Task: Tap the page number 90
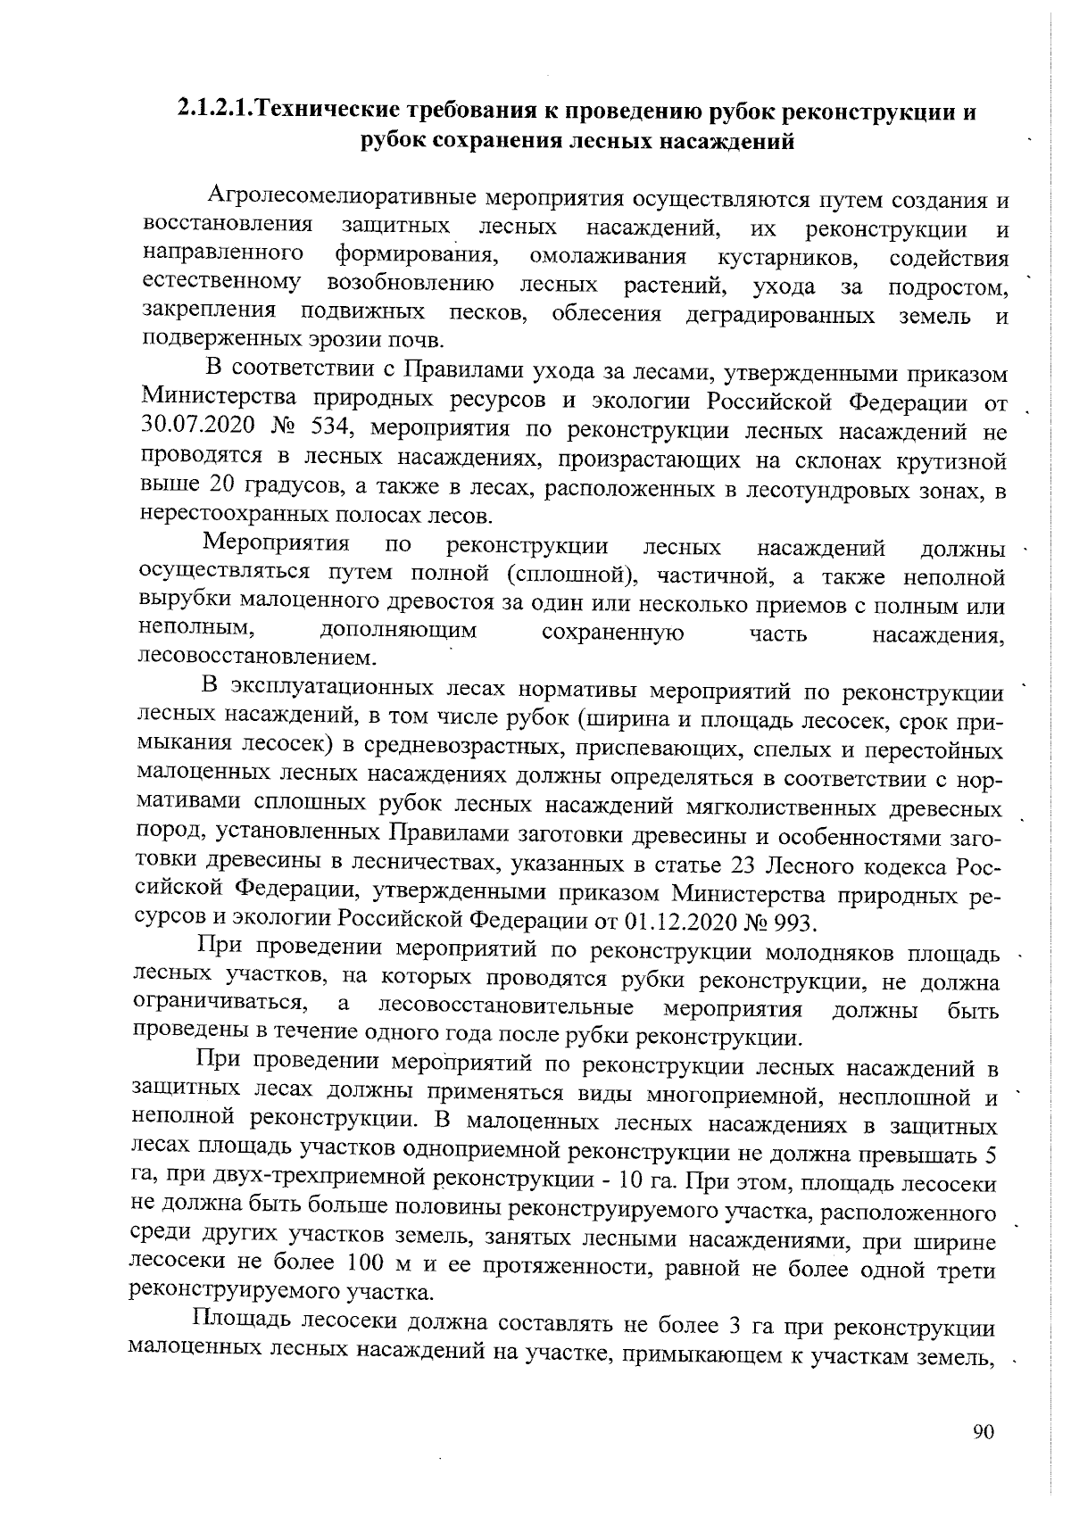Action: [x=983, y=1431]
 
